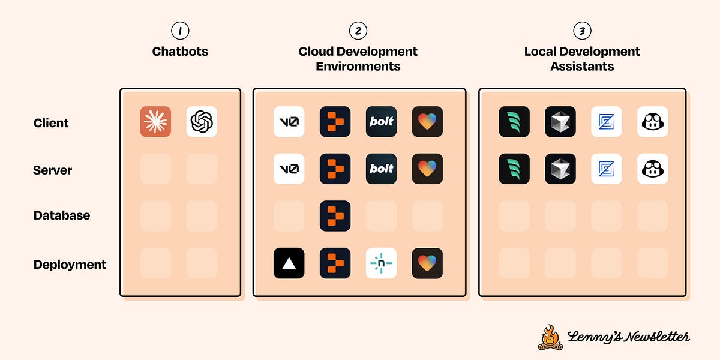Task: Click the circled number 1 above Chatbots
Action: click(x=179, y=31)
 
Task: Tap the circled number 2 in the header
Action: click(x=358, y=31)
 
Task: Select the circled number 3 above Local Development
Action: click(x=582, y=31)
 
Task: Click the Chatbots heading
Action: click(x=180, y=52)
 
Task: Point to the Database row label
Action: click(x=62, y=215)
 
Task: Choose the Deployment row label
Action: click(x=70, y=265)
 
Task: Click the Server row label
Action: click(x=53, y=170)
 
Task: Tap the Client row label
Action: click(x=51, y=123)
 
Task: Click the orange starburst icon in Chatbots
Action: click(x=155, y=122)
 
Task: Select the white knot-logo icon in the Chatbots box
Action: click(x=202, y=122)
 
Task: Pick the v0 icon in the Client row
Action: click(x=289, y=122)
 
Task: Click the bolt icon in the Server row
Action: click(x=381, y=169)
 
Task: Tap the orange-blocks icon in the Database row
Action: click(x=335, y=216)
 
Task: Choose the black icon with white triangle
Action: click(x=289, y=263)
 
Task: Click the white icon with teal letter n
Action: click(x=381, y=263)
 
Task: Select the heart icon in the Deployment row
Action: click(x=427, y=263)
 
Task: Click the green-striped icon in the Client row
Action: click(x=514, y=122)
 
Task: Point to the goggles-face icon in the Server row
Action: click(x=653, y=169)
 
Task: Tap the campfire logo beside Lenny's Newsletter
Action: click(x=550, y=337)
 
